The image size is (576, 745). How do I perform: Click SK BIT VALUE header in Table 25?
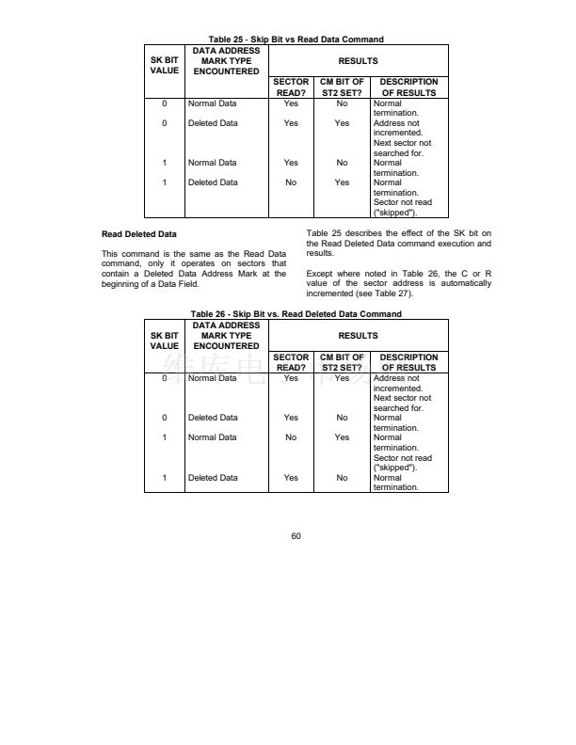(x=164, y=66)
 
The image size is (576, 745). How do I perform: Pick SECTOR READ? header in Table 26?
(x=291, y=362)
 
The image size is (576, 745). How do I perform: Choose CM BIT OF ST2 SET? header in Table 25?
(x=342, y=87)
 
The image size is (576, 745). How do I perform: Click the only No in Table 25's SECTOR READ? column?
(x=291, y=182)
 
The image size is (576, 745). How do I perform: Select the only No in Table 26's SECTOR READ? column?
(x=291, y=437)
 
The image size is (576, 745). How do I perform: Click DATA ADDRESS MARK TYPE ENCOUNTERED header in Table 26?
(x=226, y=335)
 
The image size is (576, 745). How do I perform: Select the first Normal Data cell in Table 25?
(x=213, y=103)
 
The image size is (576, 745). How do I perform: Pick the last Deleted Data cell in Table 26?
(x=213, y=478)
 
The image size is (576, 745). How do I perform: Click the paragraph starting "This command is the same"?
(x=193, y=269)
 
